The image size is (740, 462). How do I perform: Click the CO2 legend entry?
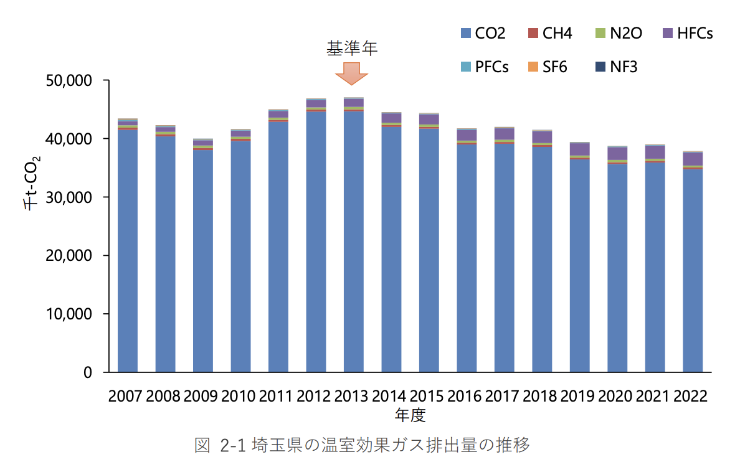coord(483,33)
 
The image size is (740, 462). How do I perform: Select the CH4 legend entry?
coord(550,33)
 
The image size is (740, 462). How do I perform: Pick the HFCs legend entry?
coord(688,33)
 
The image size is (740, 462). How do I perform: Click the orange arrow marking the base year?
coord(352,73)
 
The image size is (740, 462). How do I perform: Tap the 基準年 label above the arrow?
coord(353,47)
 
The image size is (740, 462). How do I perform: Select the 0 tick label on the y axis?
coord(88,372)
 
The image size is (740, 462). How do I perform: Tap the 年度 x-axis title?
coord(410,414)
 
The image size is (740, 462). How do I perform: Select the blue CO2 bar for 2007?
coord(128,249)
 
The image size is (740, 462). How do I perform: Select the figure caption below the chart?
coord(362,445)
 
